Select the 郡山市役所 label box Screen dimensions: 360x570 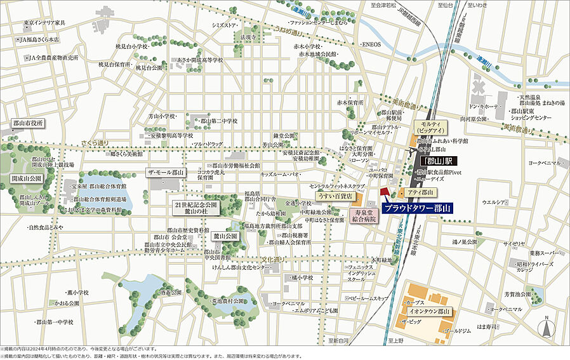coord(29,123)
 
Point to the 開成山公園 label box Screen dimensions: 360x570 coord(26,178)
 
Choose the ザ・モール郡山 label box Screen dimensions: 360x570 coord(166,173)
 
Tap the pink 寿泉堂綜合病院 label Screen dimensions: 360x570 coord(366,216)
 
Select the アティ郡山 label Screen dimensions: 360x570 coord(420,192)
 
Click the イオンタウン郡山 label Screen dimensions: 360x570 coord(430,312)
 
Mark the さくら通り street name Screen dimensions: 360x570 coord(95,143)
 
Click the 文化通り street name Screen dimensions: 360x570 coord(275,260)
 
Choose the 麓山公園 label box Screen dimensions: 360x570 coord(225,236)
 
